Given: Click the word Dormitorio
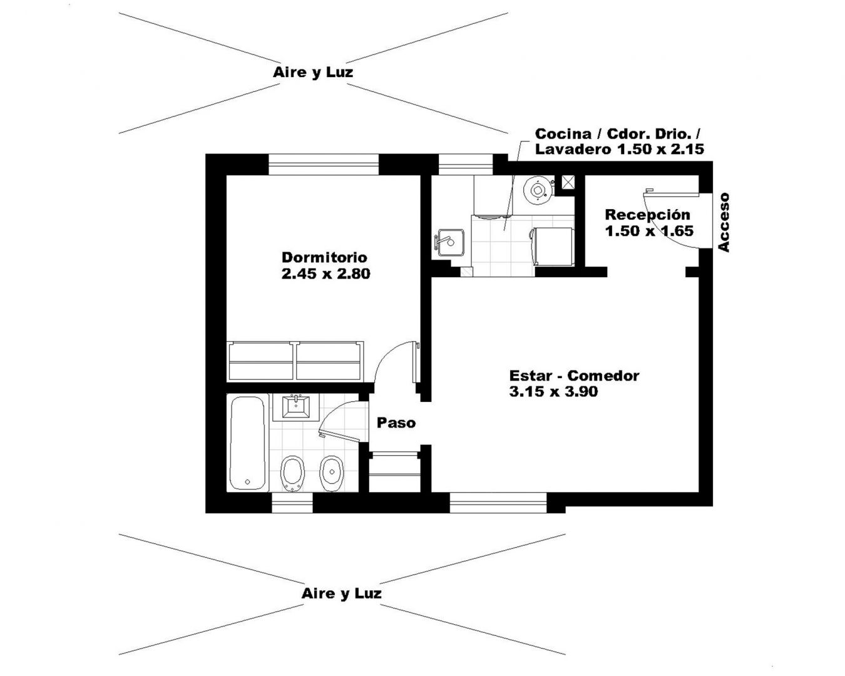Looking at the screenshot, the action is tap(324, 257).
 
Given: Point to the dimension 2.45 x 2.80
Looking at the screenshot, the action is tap(325, 274).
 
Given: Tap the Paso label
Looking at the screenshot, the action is tap(396, 423).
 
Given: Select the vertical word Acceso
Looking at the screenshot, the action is tap(724, 222).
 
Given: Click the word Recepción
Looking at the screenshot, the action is tap(647, 215).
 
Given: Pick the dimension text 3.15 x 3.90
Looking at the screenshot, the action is tap(553, 392).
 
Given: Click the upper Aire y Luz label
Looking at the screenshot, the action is tap(313, 72).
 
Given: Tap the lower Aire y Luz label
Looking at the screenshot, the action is tap(341, 593).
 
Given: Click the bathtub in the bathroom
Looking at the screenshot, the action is tap(247, 443).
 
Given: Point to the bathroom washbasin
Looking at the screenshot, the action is tap(296, 407).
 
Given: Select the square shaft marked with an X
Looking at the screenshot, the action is tap(567, 182).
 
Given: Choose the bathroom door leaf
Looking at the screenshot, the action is tap(340, 437).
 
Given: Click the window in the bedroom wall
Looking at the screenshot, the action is tap(323, 164).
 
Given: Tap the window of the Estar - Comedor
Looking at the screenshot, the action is tap(498, 503).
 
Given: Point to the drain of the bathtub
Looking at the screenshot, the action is tap(247, 481).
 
